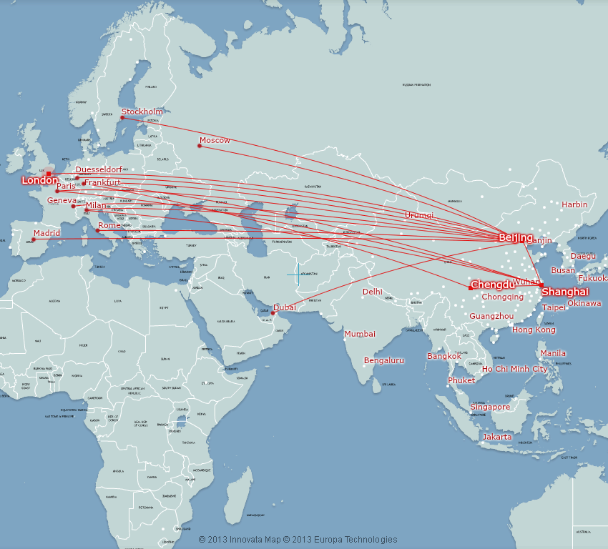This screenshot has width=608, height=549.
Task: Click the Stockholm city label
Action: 142,112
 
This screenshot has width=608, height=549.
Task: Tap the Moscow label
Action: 215,140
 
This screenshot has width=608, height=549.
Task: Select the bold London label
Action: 39,181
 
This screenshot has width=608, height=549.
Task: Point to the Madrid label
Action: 46,233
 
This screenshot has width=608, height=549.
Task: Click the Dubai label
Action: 285,307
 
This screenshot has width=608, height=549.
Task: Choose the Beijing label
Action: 516,237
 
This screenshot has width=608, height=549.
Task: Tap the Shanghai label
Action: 565,292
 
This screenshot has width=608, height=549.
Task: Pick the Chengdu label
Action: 493,285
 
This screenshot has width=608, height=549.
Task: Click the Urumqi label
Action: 419,215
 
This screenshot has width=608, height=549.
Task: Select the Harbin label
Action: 574,204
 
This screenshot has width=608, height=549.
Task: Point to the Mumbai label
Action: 360,334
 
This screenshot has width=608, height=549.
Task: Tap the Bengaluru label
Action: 384,360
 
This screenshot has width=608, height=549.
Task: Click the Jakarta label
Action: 497,437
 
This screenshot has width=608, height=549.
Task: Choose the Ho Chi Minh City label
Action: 515,369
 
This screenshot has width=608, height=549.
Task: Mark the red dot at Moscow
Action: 200,146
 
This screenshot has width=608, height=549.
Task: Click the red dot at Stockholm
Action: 122,117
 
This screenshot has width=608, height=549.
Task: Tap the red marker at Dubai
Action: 273,313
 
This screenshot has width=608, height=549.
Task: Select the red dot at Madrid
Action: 33,239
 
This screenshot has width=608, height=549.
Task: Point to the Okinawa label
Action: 584,303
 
